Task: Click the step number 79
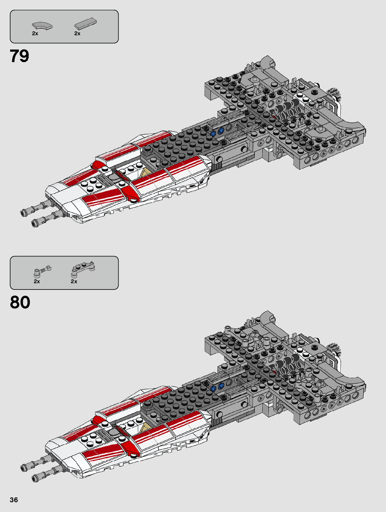pos(20,56)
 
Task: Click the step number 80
pos(20,302)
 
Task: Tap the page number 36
pos(14,500)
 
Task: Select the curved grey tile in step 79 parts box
pos(42,25)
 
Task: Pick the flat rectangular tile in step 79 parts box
pos(85,23)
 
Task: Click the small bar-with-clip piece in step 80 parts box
pos(42,271)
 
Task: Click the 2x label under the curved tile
pos(35,33)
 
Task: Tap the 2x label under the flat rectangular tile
pos(77,33)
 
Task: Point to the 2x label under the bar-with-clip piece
pos(37,281)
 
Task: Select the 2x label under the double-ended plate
pos(74,281)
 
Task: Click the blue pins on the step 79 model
pos(217,132)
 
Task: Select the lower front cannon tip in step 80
pos(35,477)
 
